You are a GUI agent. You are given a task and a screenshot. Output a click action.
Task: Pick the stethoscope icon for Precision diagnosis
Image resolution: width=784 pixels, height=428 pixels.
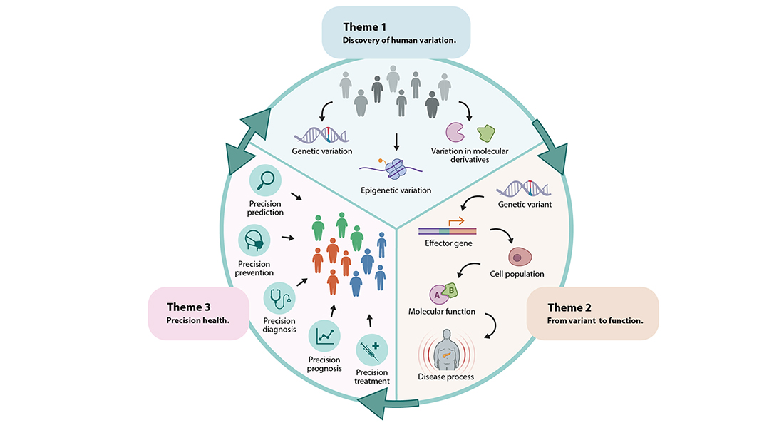click(279, 297)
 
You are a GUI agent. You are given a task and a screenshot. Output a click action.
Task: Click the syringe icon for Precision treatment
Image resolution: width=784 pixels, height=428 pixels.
click(371, 350)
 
